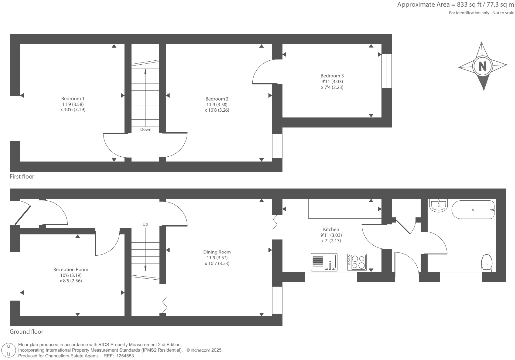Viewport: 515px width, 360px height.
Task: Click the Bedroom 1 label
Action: pos(73,98)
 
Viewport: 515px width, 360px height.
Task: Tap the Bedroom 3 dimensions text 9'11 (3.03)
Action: pos(332,81)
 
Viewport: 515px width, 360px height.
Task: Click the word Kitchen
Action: pos(331,229)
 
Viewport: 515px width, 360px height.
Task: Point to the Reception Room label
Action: pos(71,269)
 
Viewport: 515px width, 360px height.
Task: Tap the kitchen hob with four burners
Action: pos(357,262)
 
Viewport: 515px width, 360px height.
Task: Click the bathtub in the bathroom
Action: pos(473,210)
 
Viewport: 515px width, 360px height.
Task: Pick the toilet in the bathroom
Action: pos(486,263)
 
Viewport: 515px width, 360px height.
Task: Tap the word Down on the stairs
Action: pos(146,129)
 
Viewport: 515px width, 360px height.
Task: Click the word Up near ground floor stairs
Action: pos(145,224)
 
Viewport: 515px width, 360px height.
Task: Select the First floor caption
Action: pos(22,176)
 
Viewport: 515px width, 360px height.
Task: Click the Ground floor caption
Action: pos(27,331)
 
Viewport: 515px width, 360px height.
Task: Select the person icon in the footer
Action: pos(9,350)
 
